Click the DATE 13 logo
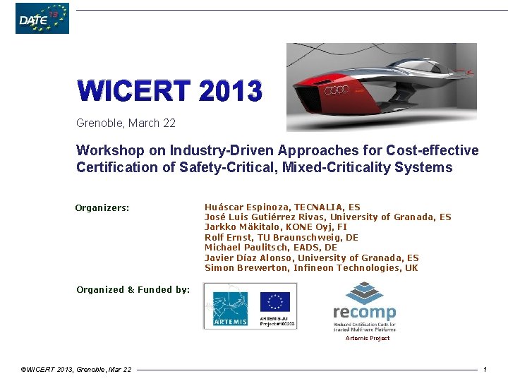42,19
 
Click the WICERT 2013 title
169,91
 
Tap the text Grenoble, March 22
126,123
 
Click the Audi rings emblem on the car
336,90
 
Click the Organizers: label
102,208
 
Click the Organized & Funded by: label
133,289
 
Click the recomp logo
364,308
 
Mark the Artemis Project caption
367,338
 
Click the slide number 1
485,370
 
